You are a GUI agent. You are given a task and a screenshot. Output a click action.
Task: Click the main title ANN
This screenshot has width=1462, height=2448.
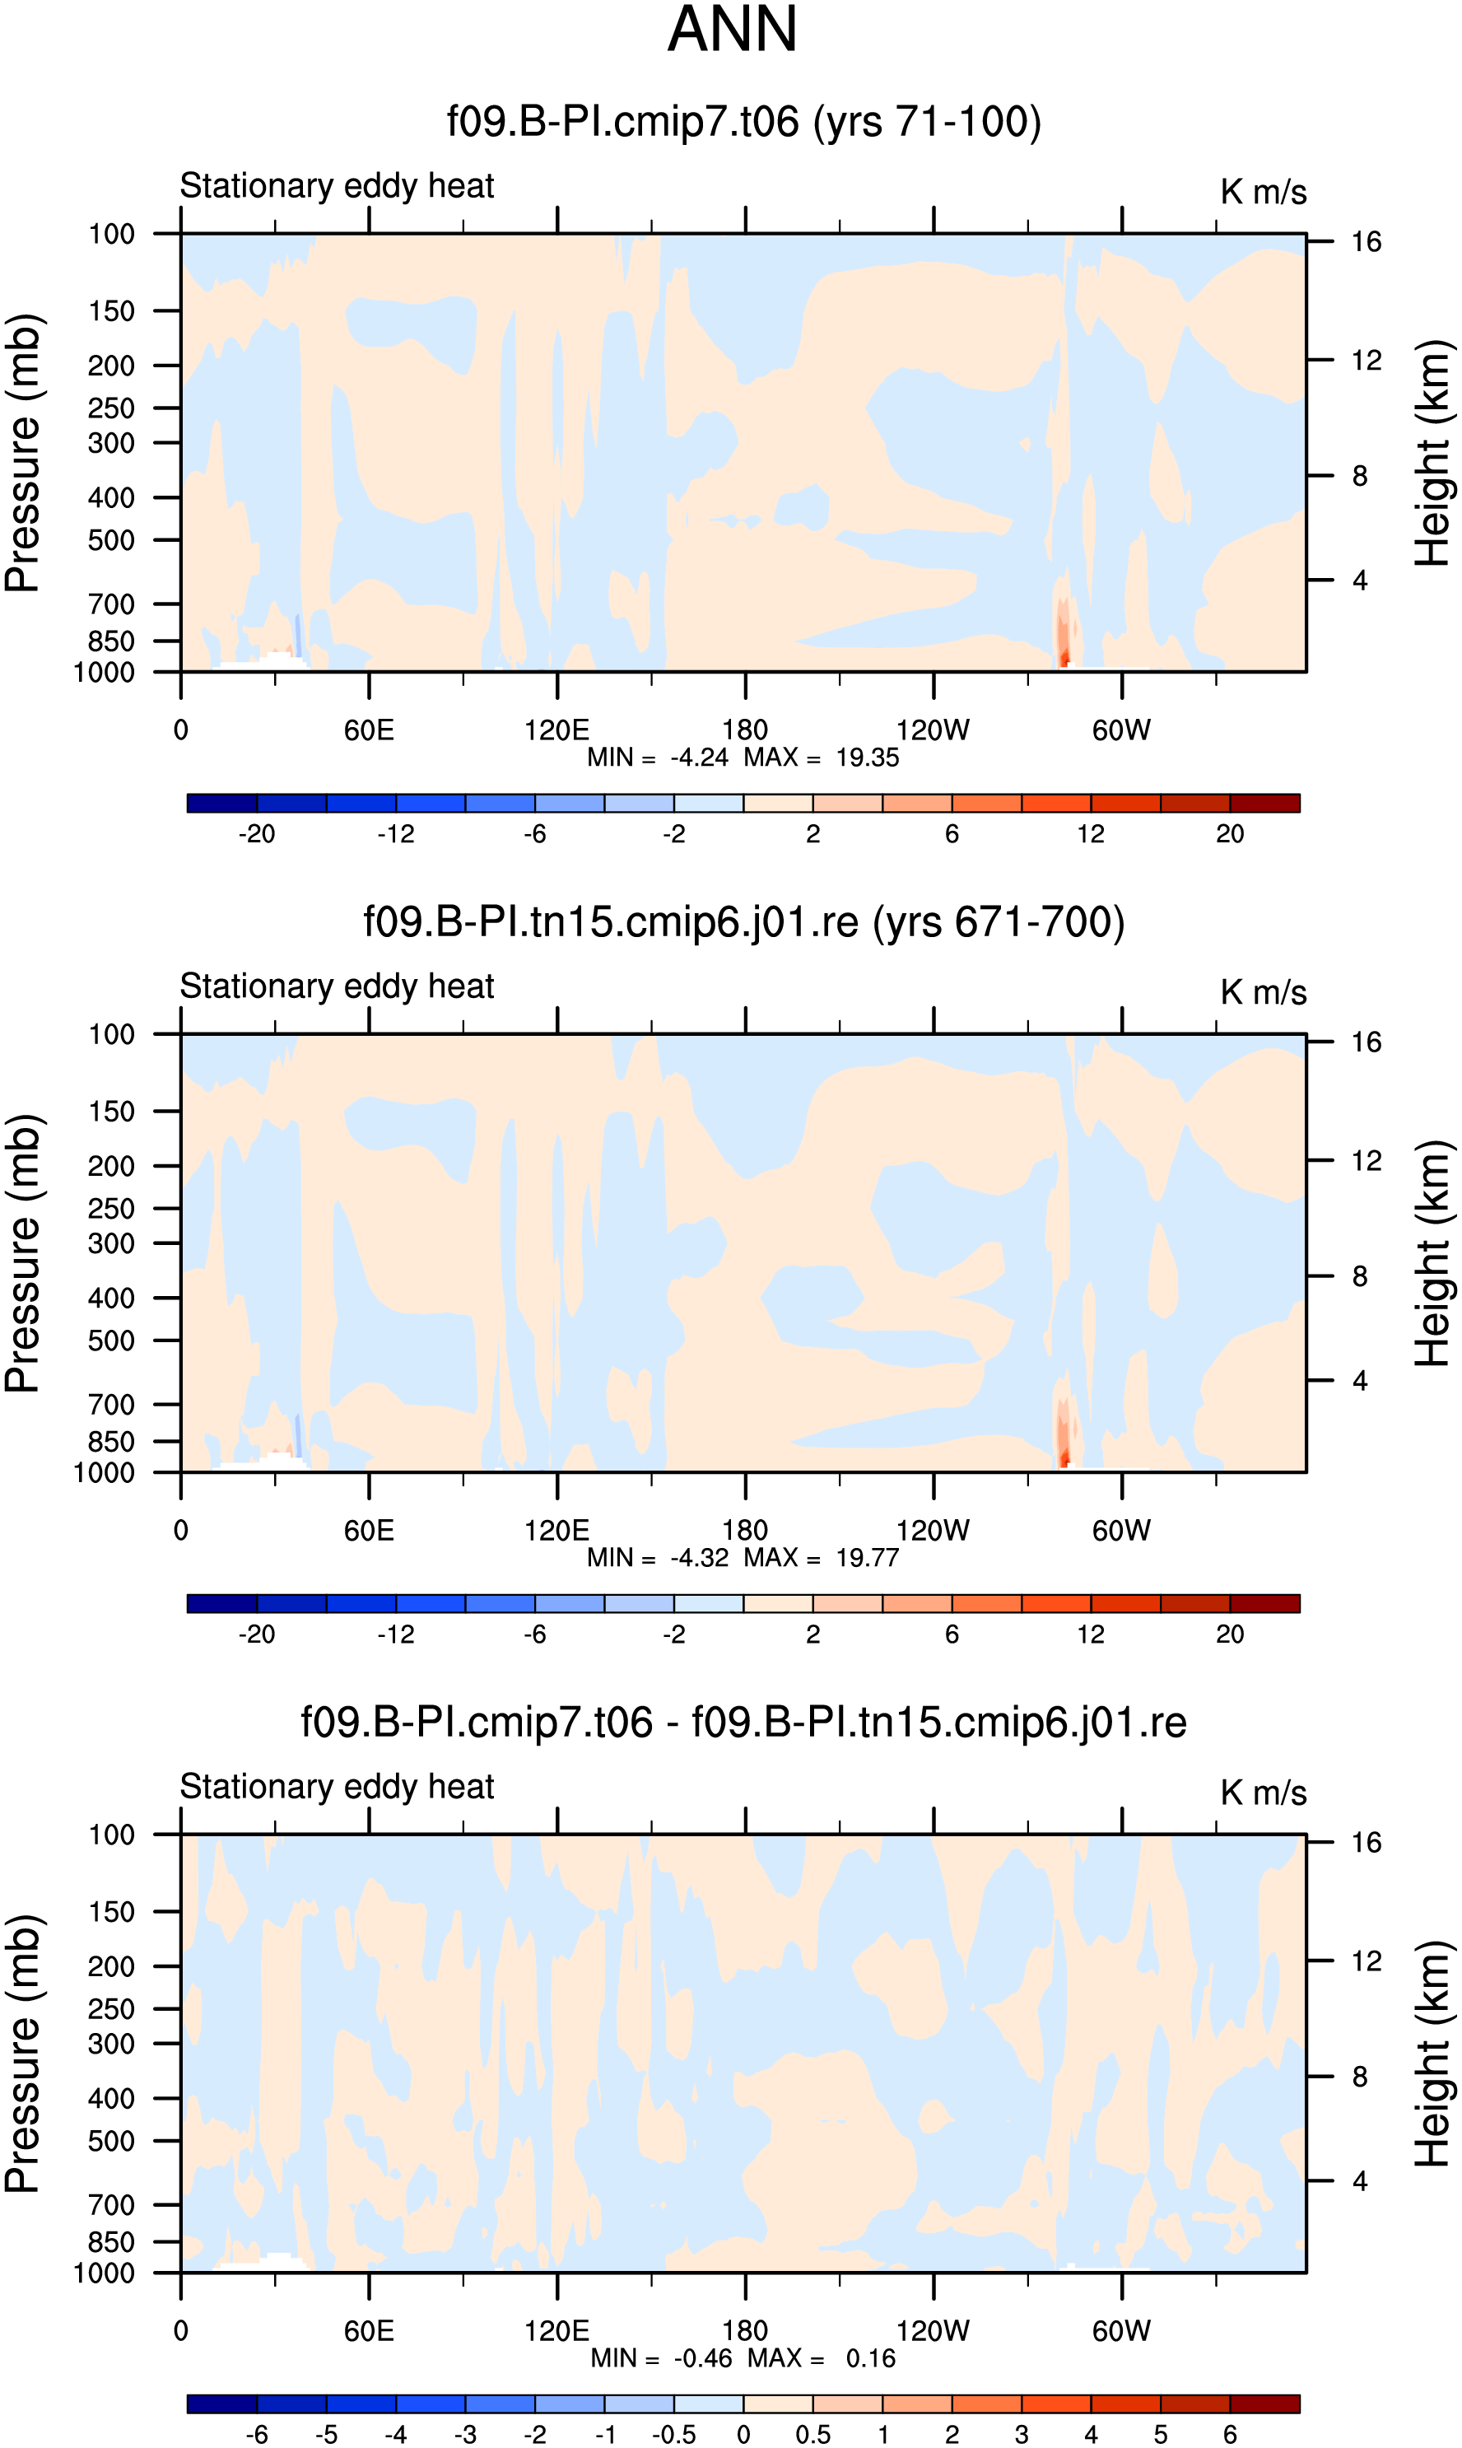[732, 30]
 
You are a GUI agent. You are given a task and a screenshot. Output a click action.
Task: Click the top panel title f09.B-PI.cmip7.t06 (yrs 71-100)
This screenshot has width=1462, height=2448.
[744, 122]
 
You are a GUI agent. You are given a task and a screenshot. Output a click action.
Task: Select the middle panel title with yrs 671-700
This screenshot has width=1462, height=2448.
[744, 922]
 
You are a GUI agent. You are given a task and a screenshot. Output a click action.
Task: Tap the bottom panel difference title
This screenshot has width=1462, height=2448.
[744, 1722]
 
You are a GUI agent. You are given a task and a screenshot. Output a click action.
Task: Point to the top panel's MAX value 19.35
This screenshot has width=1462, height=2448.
[867, 758]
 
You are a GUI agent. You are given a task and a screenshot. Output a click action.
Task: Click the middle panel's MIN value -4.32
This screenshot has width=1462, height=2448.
[700, 1557]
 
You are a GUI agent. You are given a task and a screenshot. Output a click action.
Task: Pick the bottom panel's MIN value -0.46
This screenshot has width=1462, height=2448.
[703, 2357]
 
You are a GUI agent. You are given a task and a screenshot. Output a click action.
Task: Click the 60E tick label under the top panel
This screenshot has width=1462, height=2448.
[370, 730]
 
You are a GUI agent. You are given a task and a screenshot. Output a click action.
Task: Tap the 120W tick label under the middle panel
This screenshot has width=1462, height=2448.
[933, 1530]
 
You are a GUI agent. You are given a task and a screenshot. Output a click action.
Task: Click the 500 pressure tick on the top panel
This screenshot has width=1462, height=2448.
[111, 540]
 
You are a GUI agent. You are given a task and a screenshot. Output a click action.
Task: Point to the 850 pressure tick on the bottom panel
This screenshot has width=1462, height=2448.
[111, 2241]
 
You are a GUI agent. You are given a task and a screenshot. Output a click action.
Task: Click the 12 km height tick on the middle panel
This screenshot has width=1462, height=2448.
[1366, 1160]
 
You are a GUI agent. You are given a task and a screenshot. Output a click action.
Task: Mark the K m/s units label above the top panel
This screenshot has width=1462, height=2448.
[1263, 192]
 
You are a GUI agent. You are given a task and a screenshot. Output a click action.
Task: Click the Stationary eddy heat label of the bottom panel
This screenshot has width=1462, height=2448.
[337, 1786]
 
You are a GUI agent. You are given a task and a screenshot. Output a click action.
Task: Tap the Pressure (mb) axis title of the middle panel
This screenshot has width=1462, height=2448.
[21, 1253]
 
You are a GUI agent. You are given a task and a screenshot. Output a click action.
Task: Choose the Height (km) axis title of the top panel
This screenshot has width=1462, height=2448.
[1433, 453]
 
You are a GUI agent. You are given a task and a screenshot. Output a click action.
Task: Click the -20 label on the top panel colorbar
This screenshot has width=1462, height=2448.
[257, 833]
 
